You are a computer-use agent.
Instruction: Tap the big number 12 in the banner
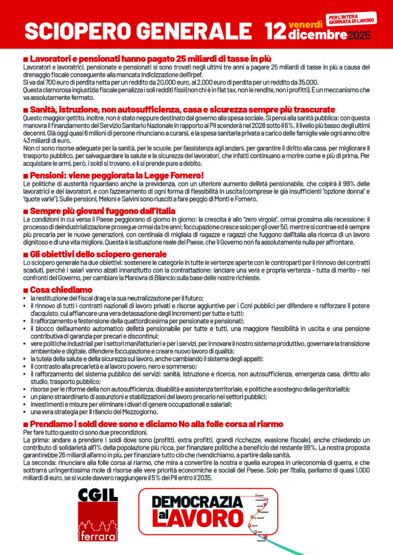(275, 31)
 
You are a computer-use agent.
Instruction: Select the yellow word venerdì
(306, 24)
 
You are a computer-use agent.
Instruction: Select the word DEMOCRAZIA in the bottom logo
(196, 501)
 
